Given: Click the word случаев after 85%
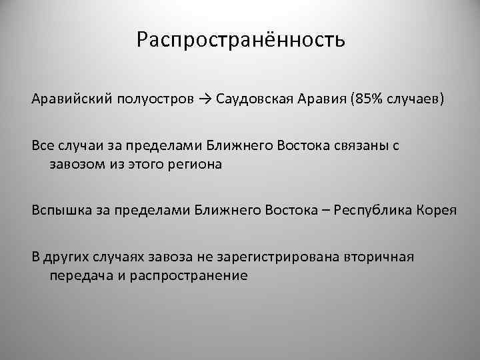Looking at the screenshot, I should (417, 100).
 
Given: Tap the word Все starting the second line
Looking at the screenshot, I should (43, 145).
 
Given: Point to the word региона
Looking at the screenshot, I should (195, 164).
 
